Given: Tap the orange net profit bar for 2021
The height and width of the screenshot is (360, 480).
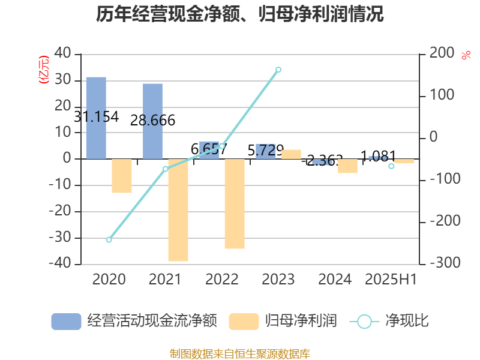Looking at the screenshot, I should click(x=178, y=210).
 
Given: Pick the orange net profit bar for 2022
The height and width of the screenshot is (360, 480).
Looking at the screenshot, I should click(x=235, y=204).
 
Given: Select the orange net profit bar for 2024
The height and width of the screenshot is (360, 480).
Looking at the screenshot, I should click(x=347, y=166).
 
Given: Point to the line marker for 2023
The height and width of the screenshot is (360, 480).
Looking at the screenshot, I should click(x=278, y=70).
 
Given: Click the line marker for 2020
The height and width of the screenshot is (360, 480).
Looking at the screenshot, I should click(x=109, y=240).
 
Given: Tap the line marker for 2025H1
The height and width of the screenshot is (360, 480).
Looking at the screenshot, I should click(x=391, y=166).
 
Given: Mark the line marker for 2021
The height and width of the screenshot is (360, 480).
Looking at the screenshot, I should click(x=165, y=169).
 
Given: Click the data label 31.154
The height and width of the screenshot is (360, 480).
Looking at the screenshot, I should click(x=96, y=117).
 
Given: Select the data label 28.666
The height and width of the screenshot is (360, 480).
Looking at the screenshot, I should click(x=152, y=121).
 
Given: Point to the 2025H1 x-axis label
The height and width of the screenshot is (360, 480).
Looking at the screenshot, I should click(x=391, y=280).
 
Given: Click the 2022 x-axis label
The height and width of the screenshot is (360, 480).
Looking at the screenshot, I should click(x=222, y=280).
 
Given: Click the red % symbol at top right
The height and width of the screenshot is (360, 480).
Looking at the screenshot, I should click(x=466, y=56).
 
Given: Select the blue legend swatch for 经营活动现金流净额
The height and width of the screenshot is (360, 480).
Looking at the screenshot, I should click(x=66, y=321).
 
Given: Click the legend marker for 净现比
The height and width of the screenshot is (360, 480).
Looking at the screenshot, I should click(x=364, y=322).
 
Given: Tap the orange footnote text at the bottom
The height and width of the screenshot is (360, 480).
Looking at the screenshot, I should click(x=240, y=353).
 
